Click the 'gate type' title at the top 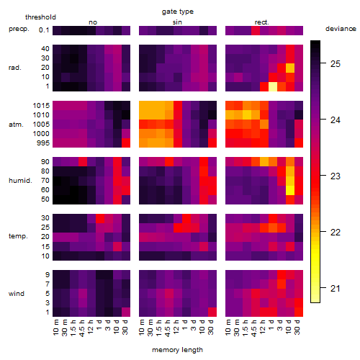(x=178, y=12)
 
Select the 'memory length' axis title (x=177, y=350)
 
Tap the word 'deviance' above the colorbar (x=341, y=29)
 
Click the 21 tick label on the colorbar (x=336, y=288)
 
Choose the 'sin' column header (x=177, y=22)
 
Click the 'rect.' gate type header (x=262, y=22)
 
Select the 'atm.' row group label (x=16, y=125)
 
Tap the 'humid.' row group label (x=20, y=181)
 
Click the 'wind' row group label (x=17, y=293)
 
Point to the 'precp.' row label (x=19, y=29)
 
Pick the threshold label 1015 (x=41, y=106)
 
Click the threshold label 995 (x=43, y=143)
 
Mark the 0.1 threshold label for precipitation (x=44, y=30)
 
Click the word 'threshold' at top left (x=40, y=17)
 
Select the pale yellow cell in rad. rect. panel (x=273, y=86)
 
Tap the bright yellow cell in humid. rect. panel (x=290, y=190)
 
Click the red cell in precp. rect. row (x=256, y=30)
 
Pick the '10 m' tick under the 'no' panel (x=56, y=328)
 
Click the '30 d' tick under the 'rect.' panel (x=297, y=328)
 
